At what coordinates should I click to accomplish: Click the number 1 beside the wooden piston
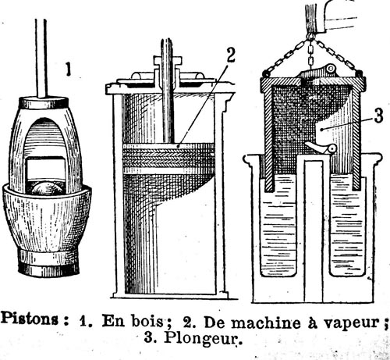pyautogui.click(x=68, y=70)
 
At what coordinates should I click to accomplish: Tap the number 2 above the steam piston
pyautogui.click(x=230, y=55)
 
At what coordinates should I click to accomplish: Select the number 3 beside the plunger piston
pyautogui.click(x=378, y=116)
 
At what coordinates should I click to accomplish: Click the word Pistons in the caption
pyautogui.click(x=30, y=319)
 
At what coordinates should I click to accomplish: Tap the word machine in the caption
pyautogui.click(x=266, y=323)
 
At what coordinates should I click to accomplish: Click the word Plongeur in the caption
pyautogui.click(x=201, y=338)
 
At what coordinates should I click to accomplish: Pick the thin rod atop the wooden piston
pyautogui.click(x=41, y=59)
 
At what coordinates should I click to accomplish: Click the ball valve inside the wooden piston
pyautogui.click(x=46, y=187)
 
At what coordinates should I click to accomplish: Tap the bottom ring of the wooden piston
pyautogui.click(x=48, y=263)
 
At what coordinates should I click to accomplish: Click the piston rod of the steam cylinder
pyautogui.click(x=167, y=91)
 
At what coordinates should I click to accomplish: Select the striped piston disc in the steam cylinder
pyautogui.click(x=168, y=159)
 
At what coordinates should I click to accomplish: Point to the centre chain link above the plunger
pyautogui.click(x=311, y=55)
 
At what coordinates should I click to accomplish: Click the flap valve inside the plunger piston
pyautogui.click(x=321, y=148)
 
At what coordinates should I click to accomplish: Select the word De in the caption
pyautogui.click(x=214, y=322)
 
